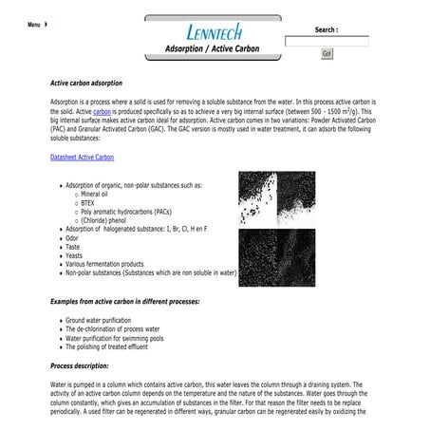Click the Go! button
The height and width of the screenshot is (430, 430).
327,54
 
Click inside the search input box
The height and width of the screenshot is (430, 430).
327,42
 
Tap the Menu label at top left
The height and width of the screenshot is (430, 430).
34,25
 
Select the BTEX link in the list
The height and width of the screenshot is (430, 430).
88,202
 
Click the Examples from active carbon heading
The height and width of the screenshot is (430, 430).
125,300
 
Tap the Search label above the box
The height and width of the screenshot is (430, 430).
327,29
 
